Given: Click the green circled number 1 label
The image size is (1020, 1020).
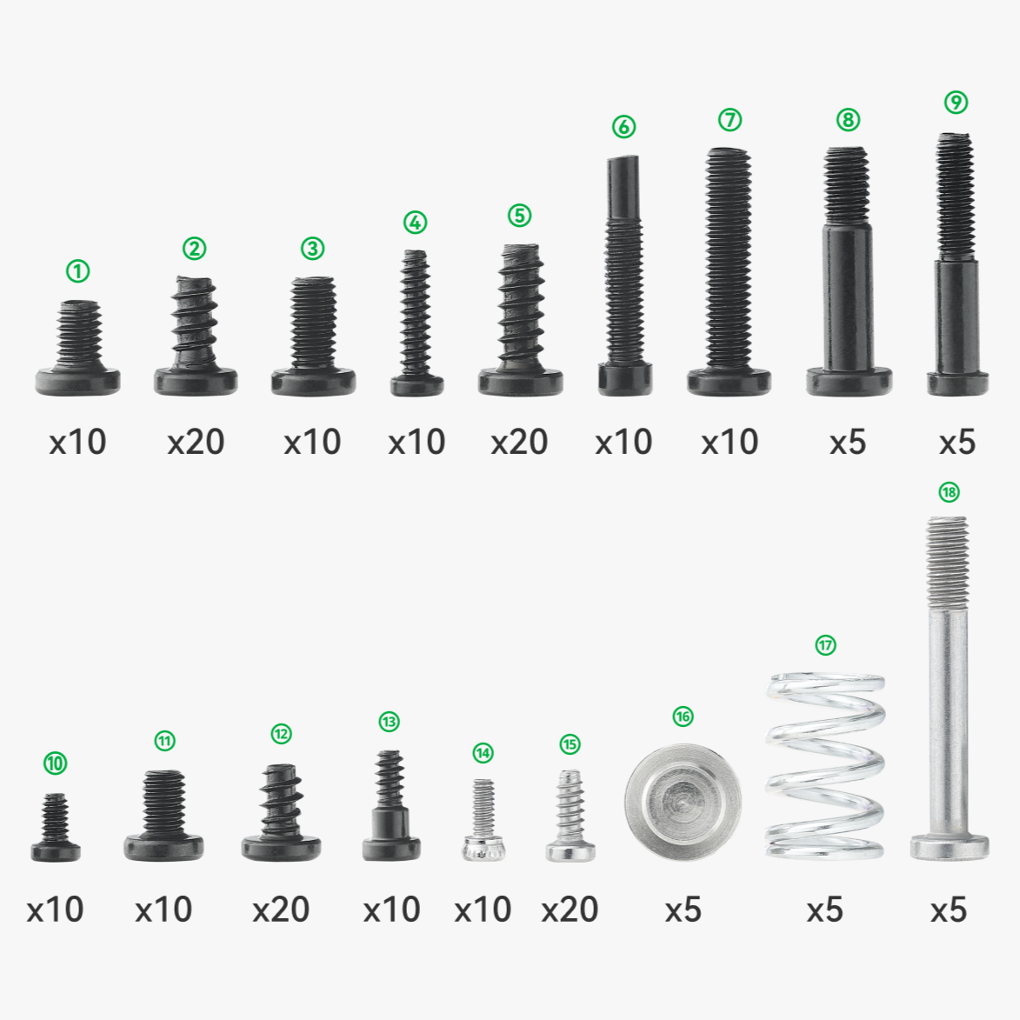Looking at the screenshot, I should coord(78,271).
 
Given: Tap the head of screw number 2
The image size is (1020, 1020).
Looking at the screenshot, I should coord(196,380).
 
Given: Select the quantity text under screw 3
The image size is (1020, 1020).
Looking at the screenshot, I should coord(312,442).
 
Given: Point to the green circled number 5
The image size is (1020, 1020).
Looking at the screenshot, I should coord(519,216).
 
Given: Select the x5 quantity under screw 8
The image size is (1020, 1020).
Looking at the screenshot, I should coord(848,442).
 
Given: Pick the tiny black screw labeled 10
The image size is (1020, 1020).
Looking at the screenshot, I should coord(56,830).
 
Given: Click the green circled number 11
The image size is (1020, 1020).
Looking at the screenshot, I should coord(165,741).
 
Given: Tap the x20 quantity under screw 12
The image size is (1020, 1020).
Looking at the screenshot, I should coord(281,910).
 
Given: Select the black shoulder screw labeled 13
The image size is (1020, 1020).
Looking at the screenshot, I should coord(390,809).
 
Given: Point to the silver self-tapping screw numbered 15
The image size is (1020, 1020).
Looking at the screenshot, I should coord(570,817).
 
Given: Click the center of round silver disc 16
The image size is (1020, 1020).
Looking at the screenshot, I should coord(683,802).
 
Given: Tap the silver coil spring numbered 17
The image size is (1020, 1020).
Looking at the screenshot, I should coord(825,765).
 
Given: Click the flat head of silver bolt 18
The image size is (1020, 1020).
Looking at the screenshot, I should coord(949,846).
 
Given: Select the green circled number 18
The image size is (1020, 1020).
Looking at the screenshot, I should coord(949,492).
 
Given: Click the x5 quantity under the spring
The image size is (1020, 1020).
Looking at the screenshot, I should coord(824,910).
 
